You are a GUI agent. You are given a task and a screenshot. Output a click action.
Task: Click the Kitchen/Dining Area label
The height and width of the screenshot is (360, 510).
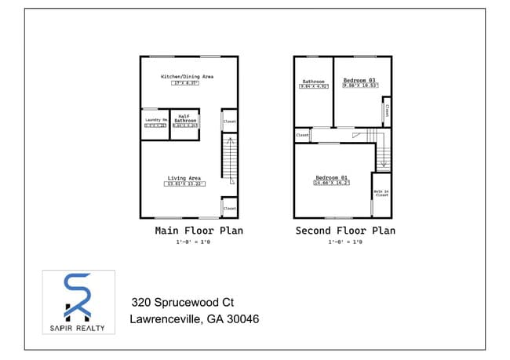tap(187, 77)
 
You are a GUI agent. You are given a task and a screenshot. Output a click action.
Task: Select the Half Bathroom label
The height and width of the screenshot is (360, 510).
tap(185, 118)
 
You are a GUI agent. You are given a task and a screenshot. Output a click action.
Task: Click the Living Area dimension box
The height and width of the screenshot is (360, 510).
tap(184, 184)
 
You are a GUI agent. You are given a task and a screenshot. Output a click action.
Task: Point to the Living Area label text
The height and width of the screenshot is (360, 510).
tap(184, 177)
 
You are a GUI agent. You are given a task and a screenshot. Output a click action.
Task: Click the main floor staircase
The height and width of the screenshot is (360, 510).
tap(229, 157)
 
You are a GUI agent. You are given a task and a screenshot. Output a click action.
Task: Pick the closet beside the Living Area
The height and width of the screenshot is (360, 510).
tap(230, 207)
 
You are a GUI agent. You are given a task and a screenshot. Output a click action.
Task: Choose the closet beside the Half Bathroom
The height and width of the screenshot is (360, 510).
tap(230, 122)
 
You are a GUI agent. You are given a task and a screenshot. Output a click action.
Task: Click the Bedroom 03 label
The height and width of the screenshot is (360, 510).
tap(361, 80)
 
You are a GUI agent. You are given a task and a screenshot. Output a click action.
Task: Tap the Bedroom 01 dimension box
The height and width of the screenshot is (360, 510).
tap(332, 183)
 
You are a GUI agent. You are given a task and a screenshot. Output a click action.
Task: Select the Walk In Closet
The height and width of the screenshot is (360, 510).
tap(381, 193)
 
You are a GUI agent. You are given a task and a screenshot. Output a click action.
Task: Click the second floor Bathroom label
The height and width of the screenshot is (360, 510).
tap(313, 82)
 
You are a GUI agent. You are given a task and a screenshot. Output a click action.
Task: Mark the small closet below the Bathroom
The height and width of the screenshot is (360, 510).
tap(303, 135)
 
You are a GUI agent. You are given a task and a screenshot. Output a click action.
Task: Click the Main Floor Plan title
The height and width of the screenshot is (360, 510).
tap(199, 231)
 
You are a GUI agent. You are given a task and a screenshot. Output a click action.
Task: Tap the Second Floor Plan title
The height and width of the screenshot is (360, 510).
tap(345, 231)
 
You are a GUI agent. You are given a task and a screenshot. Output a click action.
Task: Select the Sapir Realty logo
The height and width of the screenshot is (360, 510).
tap(78, 301)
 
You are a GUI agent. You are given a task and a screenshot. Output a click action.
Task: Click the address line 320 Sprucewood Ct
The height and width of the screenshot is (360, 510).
tap(182, 302)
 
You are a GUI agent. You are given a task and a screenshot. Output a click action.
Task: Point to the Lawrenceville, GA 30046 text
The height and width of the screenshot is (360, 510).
tap(194, 319)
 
